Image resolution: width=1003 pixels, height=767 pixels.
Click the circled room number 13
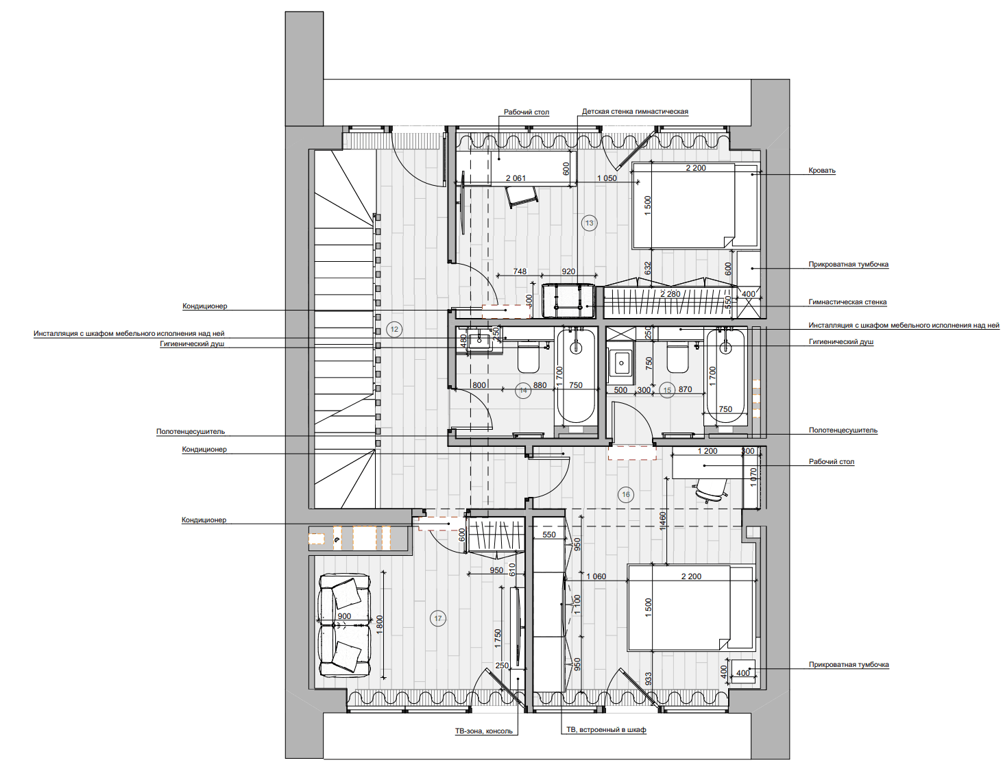point(589,223)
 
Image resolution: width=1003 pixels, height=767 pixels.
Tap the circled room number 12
point(394,329)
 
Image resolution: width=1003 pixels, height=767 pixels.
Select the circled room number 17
point(438,618)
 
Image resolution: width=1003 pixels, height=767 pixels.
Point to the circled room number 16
point(625,494)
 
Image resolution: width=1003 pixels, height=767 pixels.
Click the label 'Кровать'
point(821,171)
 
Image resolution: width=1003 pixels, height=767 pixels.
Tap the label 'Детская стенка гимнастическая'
point(635,112)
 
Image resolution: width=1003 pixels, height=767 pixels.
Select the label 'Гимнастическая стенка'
point(847,302)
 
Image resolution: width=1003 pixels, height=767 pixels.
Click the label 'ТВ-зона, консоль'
point(483,731)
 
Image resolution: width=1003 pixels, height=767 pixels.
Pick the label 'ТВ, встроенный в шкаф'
point(606,729)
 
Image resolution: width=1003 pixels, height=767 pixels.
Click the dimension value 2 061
point(516,178)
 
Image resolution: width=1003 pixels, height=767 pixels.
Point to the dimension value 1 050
point(607,178)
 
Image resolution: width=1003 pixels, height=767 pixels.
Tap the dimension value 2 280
point(670,294)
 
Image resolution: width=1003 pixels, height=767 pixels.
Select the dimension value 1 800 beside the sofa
point(379,624)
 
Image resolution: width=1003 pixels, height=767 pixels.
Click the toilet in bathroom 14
point(528,358)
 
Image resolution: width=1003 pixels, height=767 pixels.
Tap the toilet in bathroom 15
point(677,358)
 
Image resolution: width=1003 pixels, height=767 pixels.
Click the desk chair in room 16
point(710,489)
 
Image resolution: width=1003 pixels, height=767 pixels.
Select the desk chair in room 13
point(521,197)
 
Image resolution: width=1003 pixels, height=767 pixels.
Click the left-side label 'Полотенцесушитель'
point(191,431)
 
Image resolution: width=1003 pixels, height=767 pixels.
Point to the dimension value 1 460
point(663,521)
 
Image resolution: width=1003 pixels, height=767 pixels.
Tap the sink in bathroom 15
point(621,363)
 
